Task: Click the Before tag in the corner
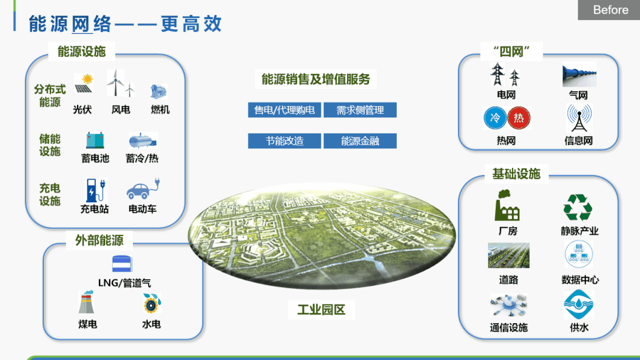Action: coord(609,10)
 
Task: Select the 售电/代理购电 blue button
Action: coord(285,110)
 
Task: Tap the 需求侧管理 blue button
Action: coord(360,110)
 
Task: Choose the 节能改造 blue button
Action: coord(285,141)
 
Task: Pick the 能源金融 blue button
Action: coord(360,141)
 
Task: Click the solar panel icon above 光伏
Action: coord(84,84)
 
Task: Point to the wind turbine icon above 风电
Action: coord(120,83)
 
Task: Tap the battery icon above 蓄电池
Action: coord(95,141)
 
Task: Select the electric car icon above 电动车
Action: coord(143,189)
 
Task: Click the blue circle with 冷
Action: coord(495,118)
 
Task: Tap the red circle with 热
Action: coord(518,118)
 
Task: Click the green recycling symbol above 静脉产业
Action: coord(578,208)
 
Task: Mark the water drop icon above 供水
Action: coord(578,304)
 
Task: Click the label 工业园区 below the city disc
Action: coord(321,310)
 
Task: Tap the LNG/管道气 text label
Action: coord(125,282)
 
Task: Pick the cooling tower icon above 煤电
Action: coord(86,302)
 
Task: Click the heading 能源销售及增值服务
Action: coord(316,79)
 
